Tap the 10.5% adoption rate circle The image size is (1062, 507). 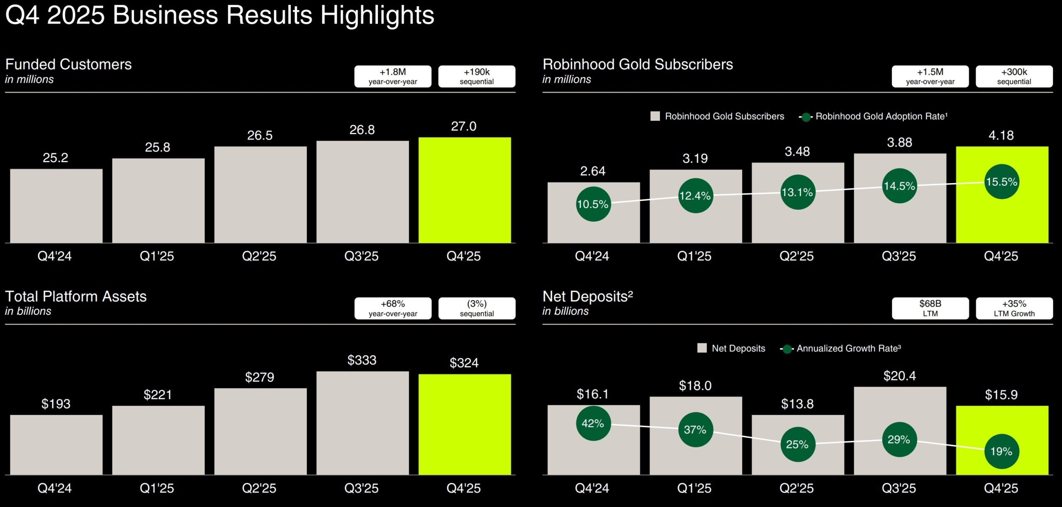tap(593, 204)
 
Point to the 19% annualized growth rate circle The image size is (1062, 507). tap(1001, 451)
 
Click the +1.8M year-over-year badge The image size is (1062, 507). tap(392, 76)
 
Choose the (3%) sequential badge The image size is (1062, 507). tap(477, 308)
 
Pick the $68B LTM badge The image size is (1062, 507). tap(930, 308)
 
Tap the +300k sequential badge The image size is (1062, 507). tap(1014, 76)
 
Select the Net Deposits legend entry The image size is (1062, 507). tap(732, 348)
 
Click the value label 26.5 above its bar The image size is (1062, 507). tap(260, 135)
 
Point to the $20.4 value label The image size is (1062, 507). tap(899, 376)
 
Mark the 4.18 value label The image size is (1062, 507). tap(1001, 135)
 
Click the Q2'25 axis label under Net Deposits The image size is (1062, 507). tap(796, 488)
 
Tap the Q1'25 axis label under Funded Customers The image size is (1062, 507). tap(157, 256)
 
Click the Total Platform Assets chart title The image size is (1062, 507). tap(76, 296)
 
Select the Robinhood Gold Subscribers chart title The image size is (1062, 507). tap(638, 64)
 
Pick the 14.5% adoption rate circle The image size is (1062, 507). tap(899, 186)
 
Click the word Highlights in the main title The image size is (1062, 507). tap(377, 15)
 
